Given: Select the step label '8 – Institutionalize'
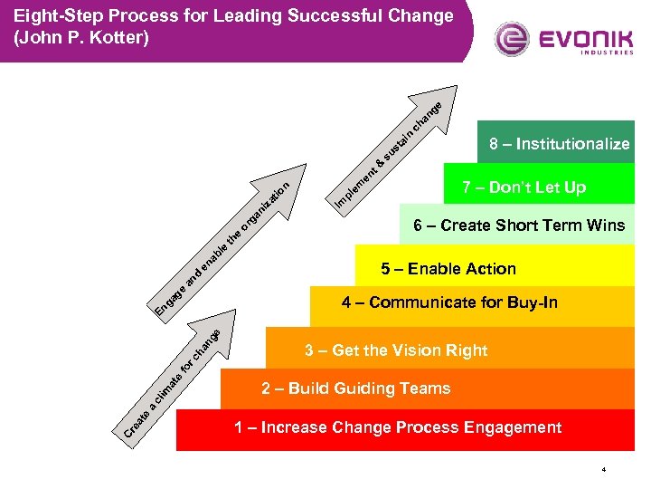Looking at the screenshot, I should click(559, 144).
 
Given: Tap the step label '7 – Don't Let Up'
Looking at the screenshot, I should click(524, 187).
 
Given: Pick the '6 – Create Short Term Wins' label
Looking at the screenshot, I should click(519, 225).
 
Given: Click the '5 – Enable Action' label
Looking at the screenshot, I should click(448, 269).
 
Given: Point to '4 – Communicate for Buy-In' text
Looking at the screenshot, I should click(449, 302).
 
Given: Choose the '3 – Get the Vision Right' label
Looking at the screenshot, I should click(396, 350).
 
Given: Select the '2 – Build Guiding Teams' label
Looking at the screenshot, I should click(355, 388).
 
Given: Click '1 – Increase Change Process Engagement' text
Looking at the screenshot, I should click(398, 427).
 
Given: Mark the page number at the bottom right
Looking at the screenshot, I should click(603, 470).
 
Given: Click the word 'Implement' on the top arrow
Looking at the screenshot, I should click(356, 182).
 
